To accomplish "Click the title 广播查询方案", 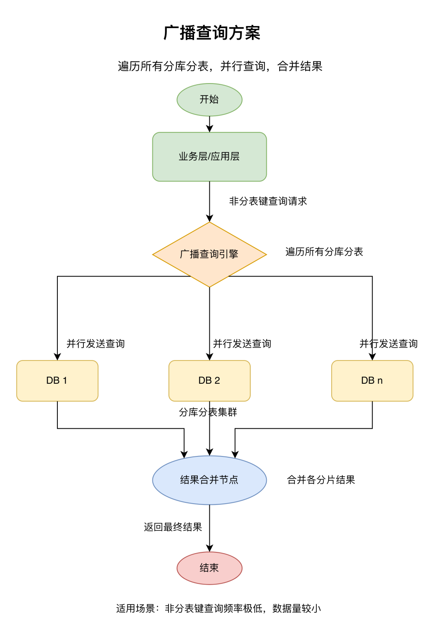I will [212, 33].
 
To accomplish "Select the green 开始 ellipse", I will [209, 100].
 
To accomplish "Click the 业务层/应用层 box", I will [209, 157].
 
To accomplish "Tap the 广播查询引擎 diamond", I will [209, 254].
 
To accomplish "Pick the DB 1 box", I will [57, 381].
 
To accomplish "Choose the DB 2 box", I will [209, 381].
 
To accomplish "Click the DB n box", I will [372, 381].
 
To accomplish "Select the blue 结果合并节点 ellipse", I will [209, 480].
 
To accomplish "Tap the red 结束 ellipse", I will [209, 568].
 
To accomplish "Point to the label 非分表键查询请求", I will [268, 201].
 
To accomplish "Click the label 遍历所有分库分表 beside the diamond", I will [324, 252].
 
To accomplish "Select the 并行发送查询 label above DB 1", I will [95, 344].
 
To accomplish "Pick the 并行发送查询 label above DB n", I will [389, 344].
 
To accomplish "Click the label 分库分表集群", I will [208, 412].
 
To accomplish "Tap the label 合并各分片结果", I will [321, 480].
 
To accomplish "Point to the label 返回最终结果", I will [173, 527].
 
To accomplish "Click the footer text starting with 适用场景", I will [218, 609].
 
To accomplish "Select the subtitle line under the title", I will [220, 66].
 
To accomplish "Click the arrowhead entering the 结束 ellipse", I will [209, 548].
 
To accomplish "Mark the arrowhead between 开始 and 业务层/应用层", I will [209, 129].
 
